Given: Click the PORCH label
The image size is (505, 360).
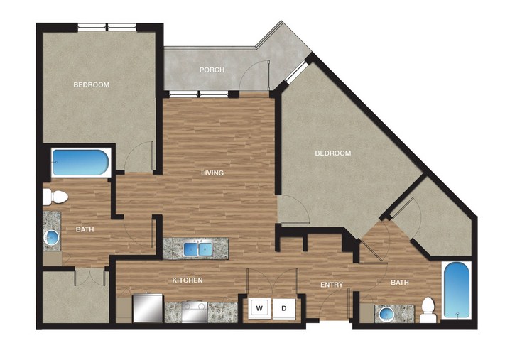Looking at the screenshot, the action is [x=212, y=70].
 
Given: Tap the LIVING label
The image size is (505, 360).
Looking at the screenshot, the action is [x=212, y=173].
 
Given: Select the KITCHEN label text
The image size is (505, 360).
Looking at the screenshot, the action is [x=188, y=280].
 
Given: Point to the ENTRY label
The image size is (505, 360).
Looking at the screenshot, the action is [x=332, y=285].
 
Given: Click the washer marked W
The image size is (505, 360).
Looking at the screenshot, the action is [x=259, y=308].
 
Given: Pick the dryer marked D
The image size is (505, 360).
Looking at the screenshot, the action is [x=283, y=308].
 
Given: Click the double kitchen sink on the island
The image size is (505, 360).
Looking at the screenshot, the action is [x=198, y=249].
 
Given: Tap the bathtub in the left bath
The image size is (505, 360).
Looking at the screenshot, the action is [x=81, y=163].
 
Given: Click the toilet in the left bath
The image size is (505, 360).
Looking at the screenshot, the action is [x=55, y=197].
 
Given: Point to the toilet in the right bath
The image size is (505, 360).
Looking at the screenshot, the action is [x=428, y=310].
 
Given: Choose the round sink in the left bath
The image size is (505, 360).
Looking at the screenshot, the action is [x=52, y=237].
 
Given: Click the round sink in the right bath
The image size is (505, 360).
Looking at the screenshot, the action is [x=386, y=313].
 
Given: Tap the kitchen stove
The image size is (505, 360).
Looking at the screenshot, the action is [x=194, y=312].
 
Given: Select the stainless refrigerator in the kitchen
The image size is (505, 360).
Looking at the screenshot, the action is [x=148, y=308].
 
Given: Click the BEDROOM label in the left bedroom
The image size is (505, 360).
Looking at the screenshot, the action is [x=92, y=85].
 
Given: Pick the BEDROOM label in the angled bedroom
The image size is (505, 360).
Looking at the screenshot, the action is [x=333, y=153].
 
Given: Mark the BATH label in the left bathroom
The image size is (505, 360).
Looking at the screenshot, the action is [x=85, y=229].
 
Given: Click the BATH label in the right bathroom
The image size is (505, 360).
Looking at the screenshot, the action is [x=400, y=283].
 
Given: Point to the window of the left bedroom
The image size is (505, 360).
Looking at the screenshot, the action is [x=107, y=28].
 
